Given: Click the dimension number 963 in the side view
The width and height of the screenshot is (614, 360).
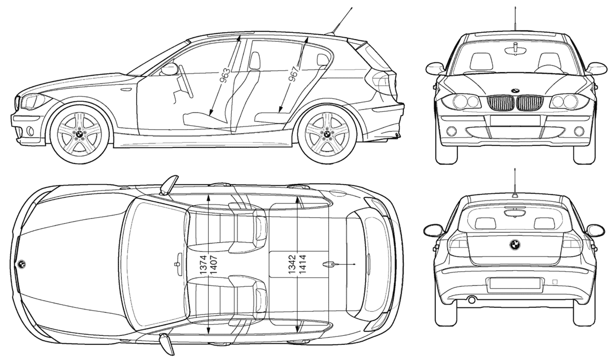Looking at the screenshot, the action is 225,76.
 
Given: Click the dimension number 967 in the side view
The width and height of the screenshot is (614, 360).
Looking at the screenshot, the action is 293,74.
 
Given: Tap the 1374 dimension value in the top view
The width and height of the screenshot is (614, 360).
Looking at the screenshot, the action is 203,265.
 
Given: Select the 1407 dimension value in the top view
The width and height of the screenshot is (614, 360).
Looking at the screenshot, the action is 214,265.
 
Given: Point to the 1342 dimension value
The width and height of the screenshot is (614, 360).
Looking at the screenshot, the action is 292,264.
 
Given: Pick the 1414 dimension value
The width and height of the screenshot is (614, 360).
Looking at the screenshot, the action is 302,264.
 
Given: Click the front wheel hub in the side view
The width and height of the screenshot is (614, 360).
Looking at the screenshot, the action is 79,134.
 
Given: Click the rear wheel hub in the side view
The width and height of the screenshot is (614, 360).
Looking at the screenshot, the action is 327,134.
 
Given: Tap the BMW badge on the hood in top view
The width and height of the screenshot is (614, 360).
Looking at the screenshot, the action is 22,264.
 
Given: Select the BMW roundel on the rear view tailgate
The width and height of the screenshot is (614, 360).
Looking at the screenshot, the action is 515,245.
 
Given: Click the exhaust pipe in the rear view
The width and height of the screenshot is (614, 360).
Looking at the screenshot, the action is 472,300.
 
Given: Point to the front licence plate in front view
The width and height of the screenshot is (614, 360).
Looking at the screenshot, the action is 515,120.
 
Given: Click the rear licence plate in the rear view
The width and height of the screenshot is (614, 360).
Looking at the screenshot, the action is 514,283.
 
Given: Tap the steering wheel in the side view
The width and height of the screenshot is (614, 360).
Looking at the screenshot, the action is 186,81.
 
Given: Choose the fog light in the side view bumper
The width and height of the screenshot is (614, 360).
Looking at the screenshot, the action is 30,131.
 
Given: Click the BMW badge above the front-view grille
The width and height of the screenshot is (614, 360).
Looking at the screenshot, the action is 515,91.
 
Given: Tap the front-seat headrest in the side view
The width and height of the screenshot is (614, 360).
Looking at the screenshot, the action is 254,61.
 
